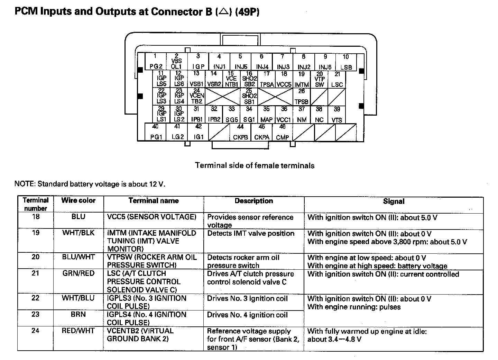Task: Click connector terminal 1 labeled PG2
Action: coord(156,62)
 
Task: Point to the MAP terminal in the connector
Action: coord(266,115)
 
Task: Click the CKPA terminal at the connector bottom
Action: coord(262,132)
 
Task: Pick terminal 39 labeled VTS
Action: coord(337,115)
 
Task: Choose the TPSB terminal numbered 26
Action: coord(302,97)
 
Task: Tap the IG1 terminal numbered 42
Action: coord(199,132)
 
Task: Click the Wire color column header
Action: coord(78,200)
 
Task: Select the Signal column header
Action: coord(394,201)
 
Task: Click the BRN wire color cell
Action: coord(78,315)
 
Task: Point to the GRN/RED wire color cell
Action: coord(78,273)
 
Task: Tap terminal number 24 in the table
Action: coord(36,331)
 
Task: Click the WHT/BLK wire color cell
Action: coord(78,233)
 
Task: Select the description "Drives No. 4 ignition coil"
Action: coord(247,315)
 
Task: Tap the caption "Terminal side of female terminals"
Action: coord(255,165)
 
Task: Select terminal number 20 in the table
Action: coord(36,257)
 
